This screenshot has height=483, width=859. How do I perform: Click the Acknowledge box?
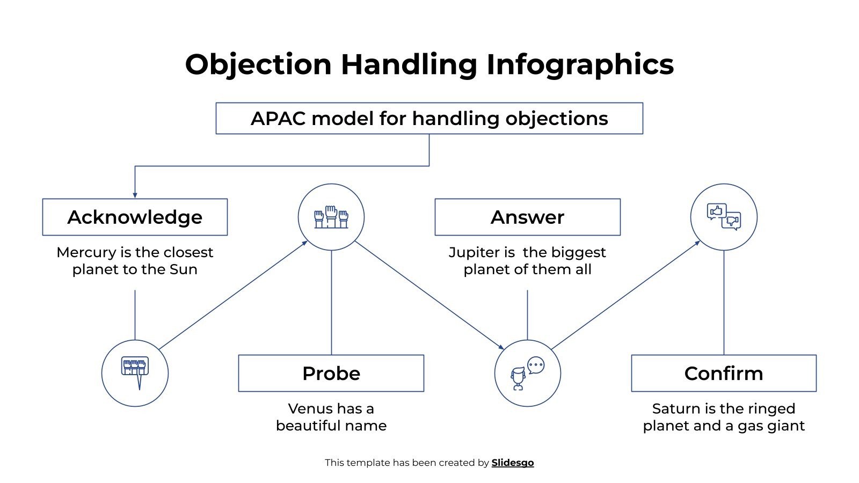[x=135, y=217]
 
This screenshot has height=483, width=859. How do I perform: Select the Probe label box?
[x=331, y=373]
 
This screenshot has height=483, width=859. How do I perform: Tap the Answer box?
[x=527, y=217]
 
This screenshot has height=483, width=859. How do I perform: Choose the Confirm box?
[x=723, y=373]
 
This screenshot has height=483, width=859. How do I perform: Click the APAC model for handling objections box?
[x=429, y=118]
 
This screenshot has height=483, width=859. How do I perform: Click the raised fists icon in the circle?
[x=331, y=217]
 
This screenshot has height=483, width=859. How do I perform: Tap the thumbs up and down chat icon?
[x=723, y=217]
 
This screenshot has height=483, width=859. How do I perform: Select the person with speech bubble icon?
[x=527, y=373]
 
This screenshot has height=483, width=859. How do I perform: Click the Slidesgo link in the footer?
[x=512, y=463]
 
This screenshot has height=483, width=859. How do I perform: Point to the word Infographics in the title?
[x=580, y=64]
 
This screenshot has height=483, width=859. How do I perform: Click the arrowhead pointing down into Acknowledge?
[x=135, y=195]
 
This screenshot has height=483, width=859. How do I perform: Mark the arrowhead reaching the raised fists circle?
[x=305, y=243]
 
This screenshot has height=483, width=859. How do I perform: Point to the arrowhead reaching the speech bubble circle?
[x=501, y=347]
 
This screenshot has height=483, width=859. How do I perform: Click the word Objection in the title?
[x=258, y=64]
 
